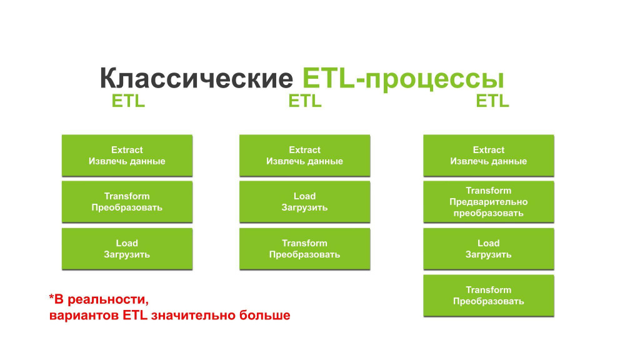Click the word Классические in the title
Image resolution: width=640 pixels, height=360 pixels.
click(x=196, y=78)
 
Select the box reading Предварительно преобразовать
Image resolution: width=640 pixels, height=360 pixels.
click(x=489, y=202)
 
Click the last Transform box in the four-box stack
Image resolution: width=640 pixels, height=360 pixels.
click(x=489, y=296)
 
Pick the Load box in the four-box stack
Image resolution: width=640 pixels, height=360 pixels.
click(x=489, y=249)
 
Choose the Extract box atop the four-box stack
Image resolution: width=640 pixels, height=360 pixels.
click(x=489, y=156)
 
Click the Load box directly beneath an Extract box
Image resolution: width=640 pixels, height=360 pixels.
click(x=304, y=202)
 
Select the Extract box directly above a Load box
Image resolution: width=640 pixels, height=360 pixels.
click(x=304, y=156)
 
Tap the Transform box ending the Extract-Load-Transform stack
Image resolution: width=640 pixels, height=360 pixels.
click(x=304, y=249)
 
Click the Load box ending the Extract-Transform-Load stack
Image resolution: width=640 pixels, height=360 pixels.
click(x=127, y=249)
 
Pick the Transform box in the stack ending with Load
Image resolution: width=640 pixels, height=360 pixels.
click(x=127, y=202)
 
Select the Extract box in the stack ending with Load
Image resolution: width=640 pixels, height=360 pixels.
click(x=127, y=156)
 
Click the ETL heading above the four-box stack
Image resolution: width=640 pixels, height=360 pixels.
click(x=492, y=101)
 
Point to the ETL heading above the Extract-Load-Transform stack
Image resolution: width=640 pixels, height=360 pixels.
click(x=305, y=101)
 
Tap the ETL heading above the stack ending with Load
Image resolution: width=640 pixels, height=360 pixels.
click(x=128, y=101)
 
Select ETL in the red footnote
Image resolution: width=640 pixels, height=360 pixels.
click(x=135, y=316)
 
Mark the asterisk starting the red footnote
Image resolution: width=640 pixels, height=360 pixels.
click(x=51, y=297)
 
